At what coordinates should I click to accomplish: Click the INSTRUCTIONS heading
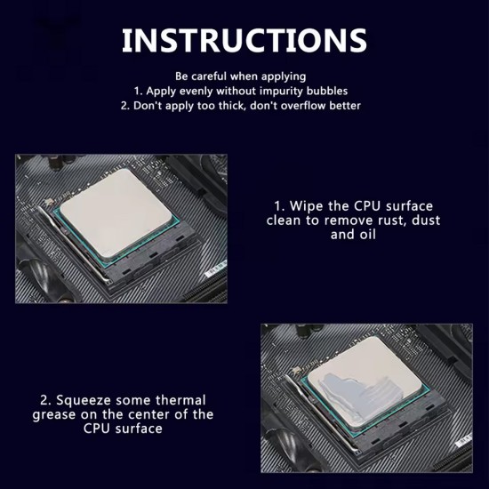244,40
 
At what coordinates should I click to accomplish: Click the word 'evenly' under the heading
196,92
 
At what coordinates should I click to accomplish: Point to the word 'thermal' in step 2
180,400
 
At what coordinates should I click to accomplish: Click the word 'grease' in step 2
53,415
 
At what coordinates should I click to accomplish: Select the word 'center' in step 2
149,415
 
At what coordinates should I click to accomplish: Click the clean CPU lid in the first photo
116,213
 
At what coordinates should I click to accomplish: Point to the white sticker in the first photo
216,269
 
